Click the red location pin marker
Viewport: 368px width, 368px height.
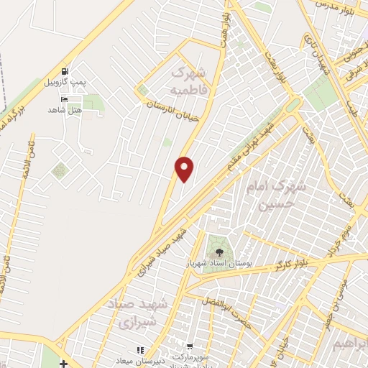pyautogui.click(x=185, y=168)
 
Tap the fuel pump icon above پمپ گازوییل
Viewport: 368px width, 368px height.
pyautogui.click(x=65, y=72)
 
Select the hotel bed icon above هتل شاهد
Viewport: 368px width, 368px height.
pyautogui.click(x=65, y=99)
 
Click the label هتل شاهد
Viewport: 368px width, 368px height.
pyautogui.click(x=65, y=109)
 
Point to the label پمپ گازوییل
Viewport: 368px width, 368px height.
pyautogui.click(x=65, y=82)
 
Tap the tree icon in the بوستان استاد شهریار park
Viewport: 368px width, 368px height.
pyautogui.click(x=218, y=251)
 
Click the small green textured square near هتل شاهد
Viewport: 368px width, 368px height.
pyautogui.click(x=58, y=171)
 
